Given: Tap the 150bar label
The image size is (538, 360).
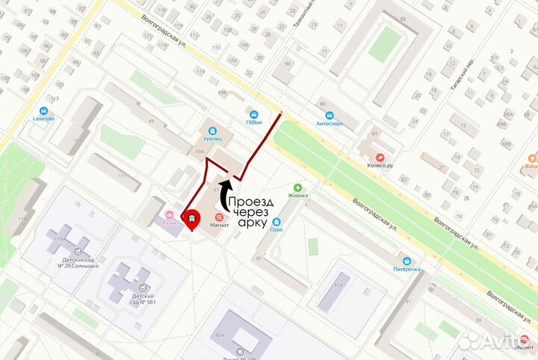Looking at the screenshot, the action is [254, 122].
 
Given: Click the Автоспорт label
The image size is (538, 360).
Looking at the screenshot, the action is [330, 123].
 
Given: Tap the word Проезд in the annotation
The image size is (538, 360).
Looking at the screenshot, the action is [251, 202].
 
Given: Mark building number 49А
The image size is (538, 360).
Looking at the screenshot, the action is [200, 152].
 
